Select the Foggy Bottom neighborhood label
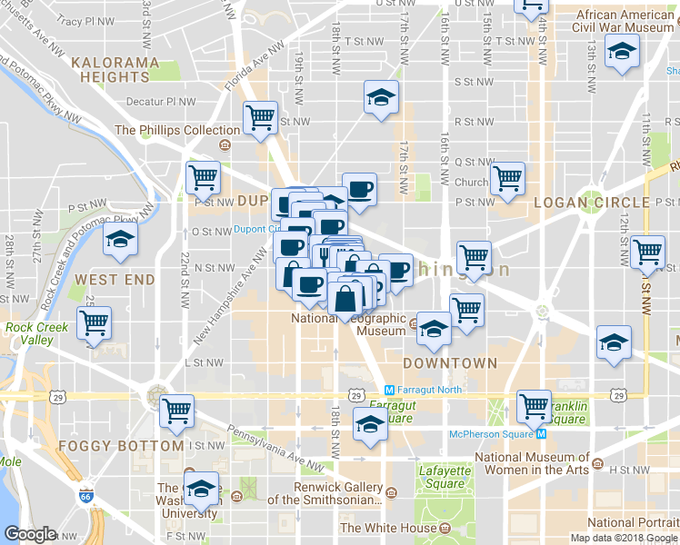(121, 446)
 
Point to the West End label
(115, 280)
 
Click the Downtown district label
(451, 363)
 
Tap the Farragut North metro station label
(424, 390)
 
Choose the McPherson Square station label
(491, 433)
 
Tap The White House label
(388, 528)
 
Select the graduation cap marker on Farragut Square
(370, 423)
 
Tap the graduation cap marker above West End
(119, 241)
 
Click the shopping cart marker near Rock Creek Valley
(94, 322)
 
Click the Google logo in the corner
(30, 534)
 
